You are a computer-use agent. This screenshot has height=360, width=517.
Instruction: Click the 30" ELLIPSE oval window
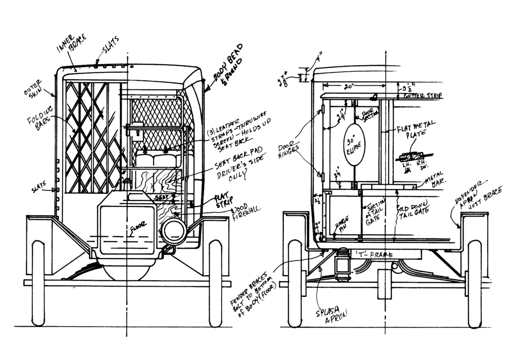(x=354, y=143)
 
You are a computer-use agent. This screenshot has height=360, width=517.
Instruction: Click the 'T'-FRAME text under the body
(x=375, y=255)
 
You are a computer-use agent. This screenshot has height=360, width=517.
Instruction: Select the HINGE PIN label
(x=341, y=223)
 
